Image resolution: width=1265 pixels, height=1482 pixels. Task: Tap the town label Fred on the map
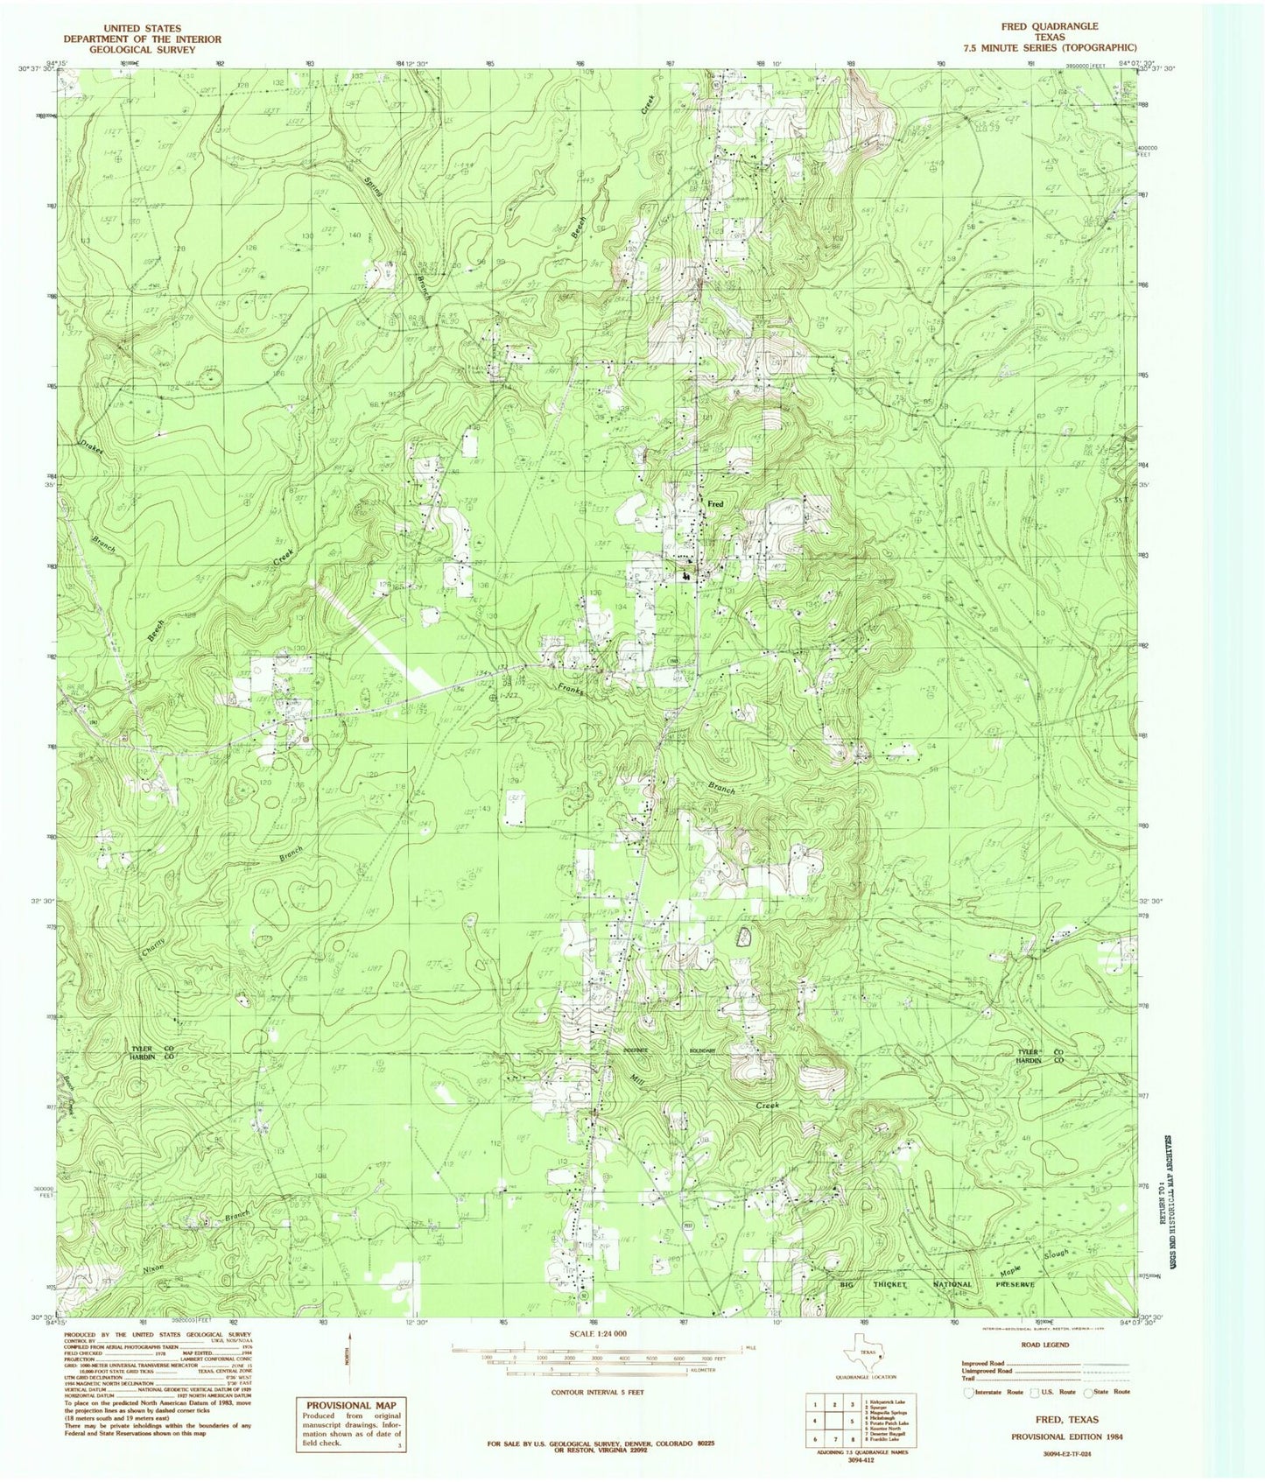715,505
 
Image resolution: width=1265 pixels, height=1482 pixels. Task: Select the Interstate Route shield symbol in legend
967,1392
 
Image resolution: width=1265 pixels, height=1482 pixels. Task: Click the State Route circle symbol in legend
1088,1392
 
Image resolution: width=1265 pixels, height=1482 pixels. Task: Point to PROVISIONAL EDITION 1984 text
1067,1436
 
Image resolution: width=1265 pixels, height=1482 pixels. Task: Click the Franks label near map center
570,690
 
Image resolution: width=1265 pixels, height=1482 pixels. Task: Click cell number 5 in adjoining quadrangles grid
850,1422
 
